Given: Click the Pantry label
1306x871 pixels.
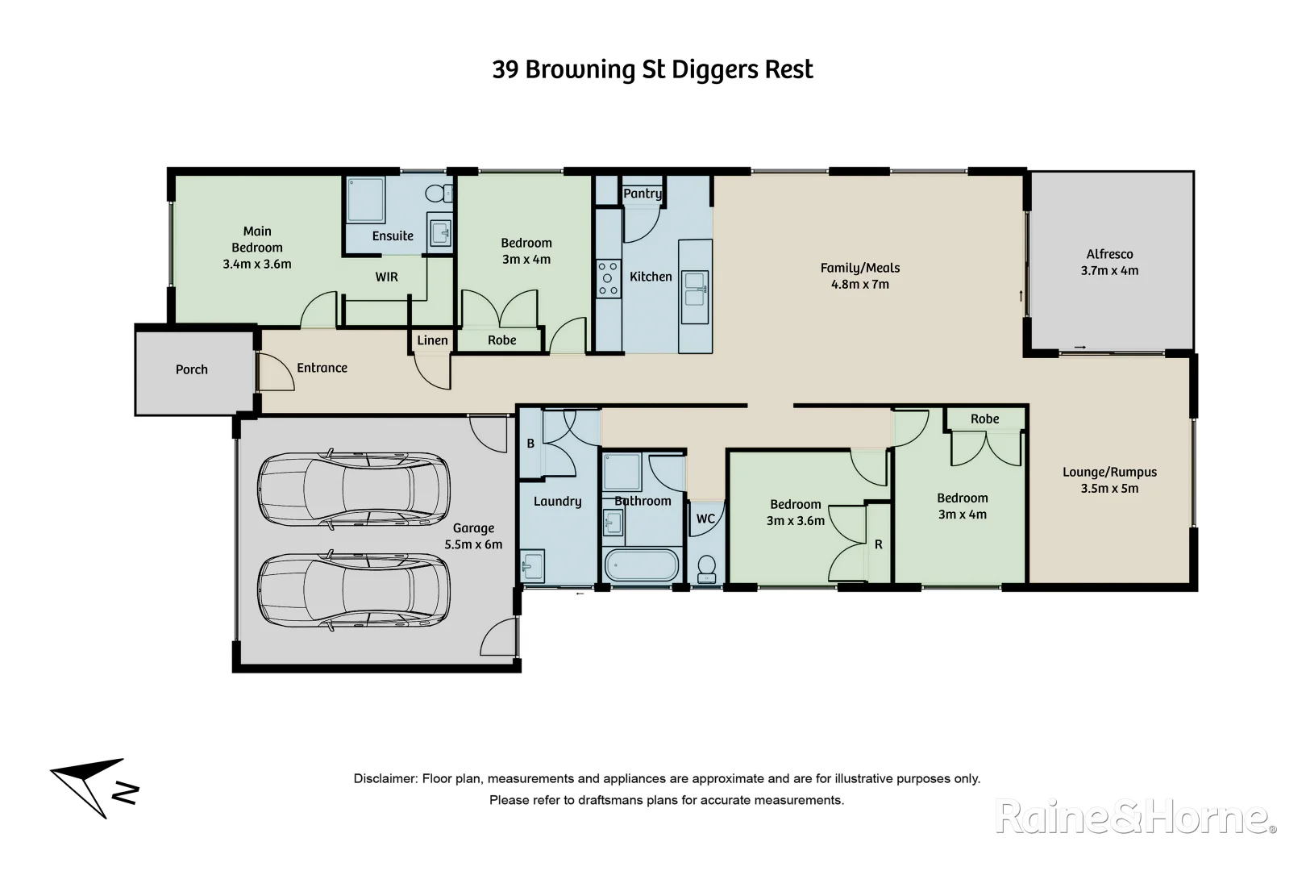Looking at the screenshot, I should coord(642,194).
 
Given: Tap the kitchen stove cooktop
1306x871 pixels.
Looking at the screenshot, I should coord(608,278).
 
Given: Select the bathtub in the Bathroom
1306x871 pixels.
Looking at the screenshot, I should coord(641,565).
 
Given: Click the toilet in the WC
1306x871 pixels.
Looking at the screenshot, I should coord(706,568).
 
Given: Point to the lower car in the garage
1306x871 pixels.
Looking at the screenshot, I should coord(353,590).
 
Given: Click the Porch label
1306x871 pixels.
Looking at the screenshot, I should coord(192,370).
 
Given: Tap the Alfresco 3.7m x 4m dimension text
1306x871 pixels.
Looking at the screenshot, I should coord(1109,271).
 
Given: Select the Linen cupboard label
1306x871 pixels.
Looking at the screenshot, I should coord(432,340).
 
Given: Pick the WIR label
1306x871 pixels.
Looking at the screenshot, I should coord(387,277).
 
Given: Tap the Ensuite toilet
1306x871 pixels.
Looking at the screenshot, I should coord(437,194).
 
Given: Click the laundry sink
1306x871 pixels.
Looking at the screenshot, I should coord(532,565).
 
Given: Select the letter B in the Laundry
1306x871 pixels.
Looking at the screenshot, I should coord(530,444).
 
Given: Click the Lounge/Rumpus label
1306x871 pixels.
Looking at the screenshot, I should coord(1109,473).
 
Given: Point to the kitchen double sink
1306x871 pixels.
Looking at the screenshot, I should coord(695,290).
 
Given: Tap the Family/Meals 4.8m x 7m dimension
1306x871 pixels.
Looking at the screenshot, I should coord(859,285).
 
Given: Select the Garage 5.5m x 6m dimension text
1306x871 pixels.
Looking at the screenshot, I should coord(473,545).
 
